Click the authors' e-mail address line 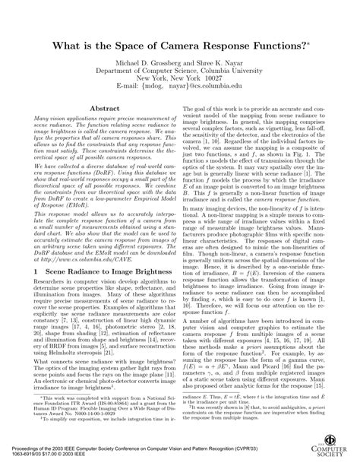(x=179, y=77)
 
